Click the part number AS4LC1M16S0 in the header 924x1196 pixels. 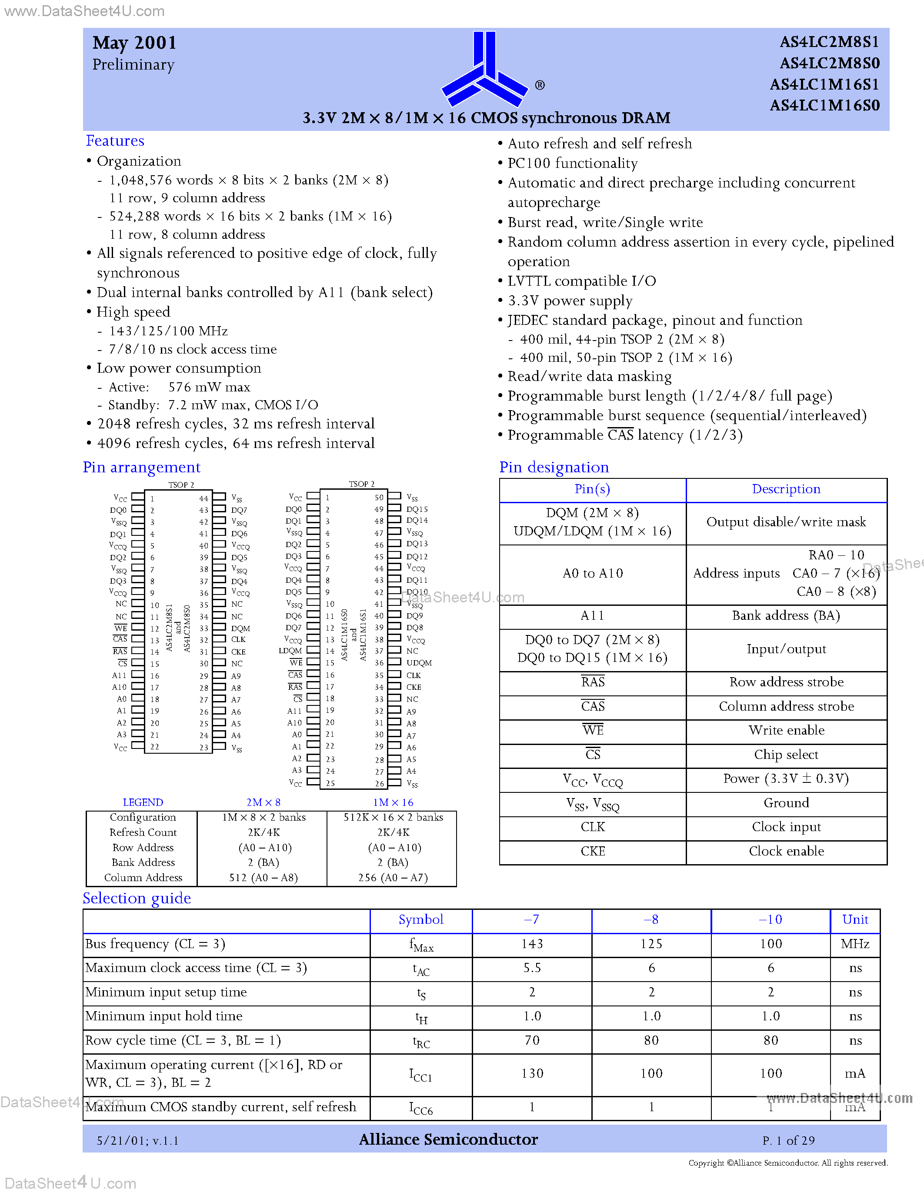click(x=824, y=105)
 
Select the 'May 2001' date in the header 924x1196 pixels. click(x=134, y=43)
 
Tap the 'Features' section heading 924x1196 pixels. click(x=115, y=141)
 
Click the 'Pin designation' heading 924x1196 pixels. click(x=554, y=467)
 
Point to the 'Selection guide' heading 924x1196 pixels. click(x=137, y=898)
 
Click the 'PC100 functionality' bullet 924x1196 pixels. click(x=573, y=163)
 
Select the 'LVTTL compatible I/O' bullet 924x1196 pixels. click(x=581, y=281)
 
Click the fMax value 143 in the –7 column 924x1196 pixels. click(x=531, y=944)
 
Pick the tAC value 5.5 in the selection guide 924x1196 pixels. click(x=531, y=968)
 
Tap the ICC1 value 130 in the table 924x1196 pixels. click(x=531, y=1073)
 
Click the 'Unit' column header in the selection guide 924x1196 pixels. click(x=855, y=919)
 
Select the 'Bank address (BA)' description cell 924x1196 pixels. click(x=786, y=615)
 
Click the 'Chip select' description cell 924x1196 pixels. click(x=786, y=755)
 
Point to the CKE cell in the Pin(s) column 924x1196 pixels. click(x=592, y=851)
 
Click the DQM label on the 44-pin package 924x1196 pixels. click(x=240, y=628)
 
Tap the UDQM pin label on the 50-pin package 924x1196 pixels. click(x=419, y=663)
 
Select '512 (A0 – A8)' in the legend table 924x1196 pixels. click(x=264, y=877)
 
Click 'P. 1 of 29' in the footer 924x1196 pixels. click(x=788, y=1141)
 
